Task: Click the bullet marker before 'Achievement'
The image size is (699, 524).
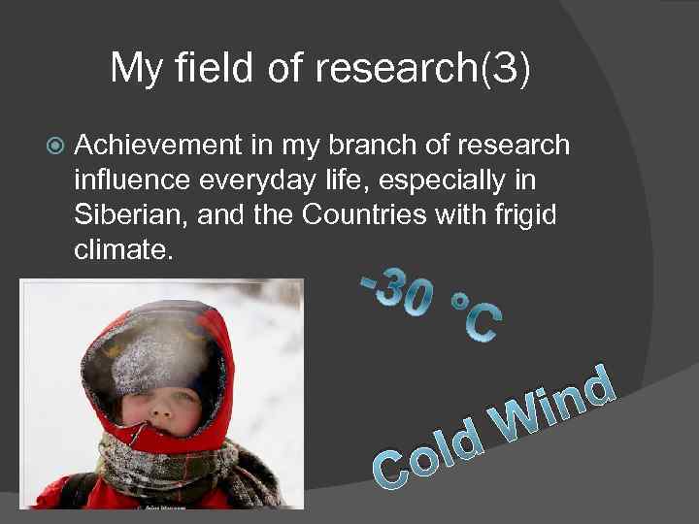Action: coord(54,146)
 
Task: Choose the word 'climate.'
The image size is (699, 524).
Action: coord(124,251)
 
